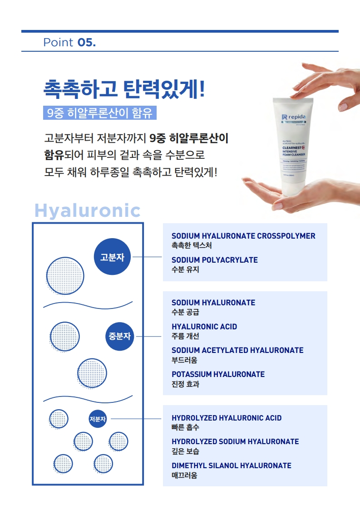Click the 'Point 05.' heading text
click(x=69, y=43)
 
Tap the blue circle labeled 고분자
click(x=112, y=257)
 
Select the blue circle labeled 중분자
click(x=120, y=337)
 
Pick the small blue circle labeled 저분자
click(x=98, y=419)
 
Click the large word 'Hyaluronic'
click(x=87, y=211)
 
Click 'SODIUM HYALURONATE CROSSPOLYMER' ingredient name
click(x=243, y=236)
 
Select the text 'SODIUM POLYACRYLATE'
click(x=215, y=260)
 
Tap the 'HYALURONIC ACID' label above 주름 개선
click(x=204, y=327)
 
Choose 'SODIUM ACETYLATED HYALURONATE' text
click(x=237, y=350)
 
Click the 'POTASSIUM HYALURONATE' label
click(x=218, y=374)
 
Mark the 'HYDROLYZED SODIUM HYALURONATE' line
click(x=235, y=441)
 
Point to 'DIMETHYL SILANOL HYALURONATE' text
click(x=232, y=465)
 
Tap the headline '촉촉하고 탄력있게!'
click(x=124, y=88)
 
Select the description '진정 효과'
click(x=185, y=384)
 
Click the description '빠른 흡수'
click(x=185, y=427)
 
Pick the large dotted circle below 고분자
click(x=65, y=275)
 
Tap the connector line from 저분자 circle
click(x=136, y=419)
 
